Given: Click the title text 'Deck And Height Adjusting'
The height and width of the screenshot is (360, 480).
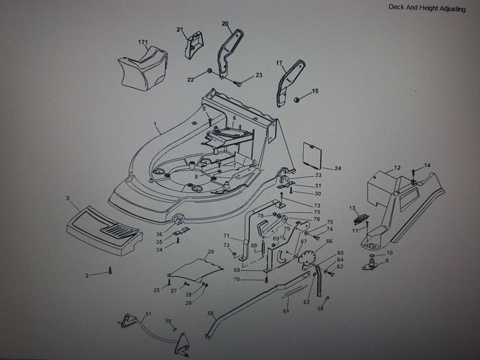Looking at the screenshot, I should pyautogui.click(x=426, y=8).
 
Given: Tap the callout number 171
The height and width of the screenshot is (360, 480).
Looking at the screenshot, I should pyautogui.click(x=143, y=41).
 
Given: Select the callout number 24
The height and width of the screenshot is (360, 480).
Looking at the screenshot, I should pyautogui.click(x=337, y=168).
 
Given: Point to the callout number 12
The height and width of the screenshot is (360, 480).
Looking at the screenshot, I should pyautogui.click(x=397, y=167).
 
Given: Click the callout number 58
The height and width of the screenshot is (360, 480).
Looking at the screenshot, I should pyautogui.click(x=211, y=314).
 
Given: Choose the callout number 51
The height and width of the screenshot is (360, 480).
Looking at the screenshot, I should pyautogui.click(x=148, y=314).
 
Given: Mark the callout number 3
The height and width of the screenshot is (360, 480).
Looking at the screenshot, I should pyautogui.click(x=67, y=198).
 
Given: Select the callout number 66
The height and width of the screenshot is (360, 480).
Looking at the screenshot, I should pyautogui.click(x=329, y=241).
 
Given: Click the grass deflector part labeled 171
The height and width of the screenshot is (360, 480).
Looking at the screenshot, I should pyautogui.click(x=143, y=67).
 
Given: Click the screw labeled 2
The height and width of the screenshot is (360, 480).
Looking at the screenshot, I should pyautogui.click(x=109, y=272).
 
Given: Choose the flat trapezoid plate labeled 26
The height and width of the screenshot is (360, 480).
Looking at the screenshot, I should pyautogui.click(x=195, y=268).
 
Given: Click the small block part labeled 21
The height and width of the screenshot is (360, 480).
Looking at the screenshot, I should pyautogui.click(x=194, y=44).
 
